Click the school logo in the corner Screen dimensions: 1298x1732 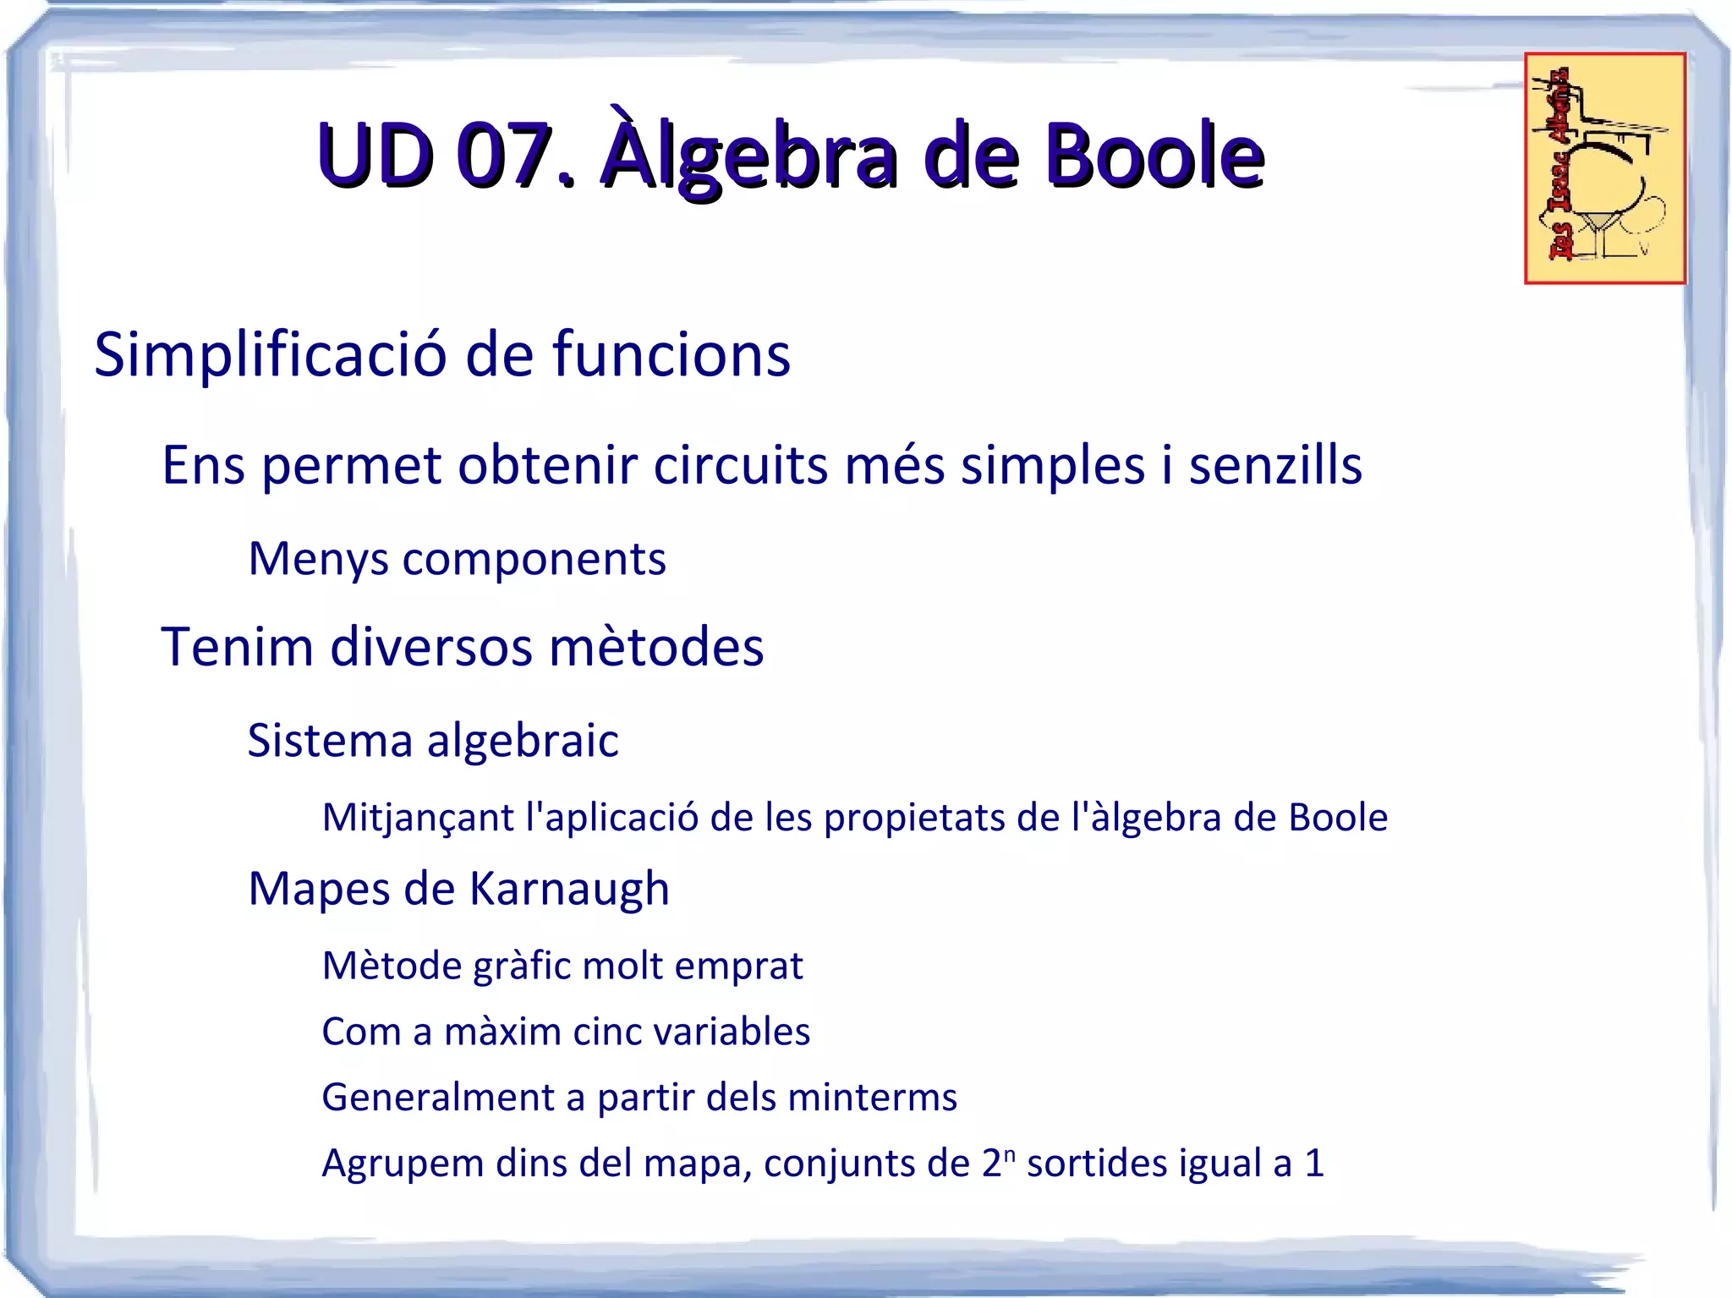pos(1604,168)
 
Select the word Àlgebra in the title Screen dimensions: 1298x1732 pos(749,156)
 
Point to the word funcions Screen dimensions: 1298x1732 pos(671,355)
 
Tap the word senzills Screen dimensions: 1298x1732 pos(1275,466)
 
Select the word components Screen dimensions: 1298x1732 pos(534,560)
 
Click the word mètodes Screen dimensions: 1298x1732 pos(656,648)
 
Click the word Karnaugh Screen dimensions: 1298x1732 pos(568,890)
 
